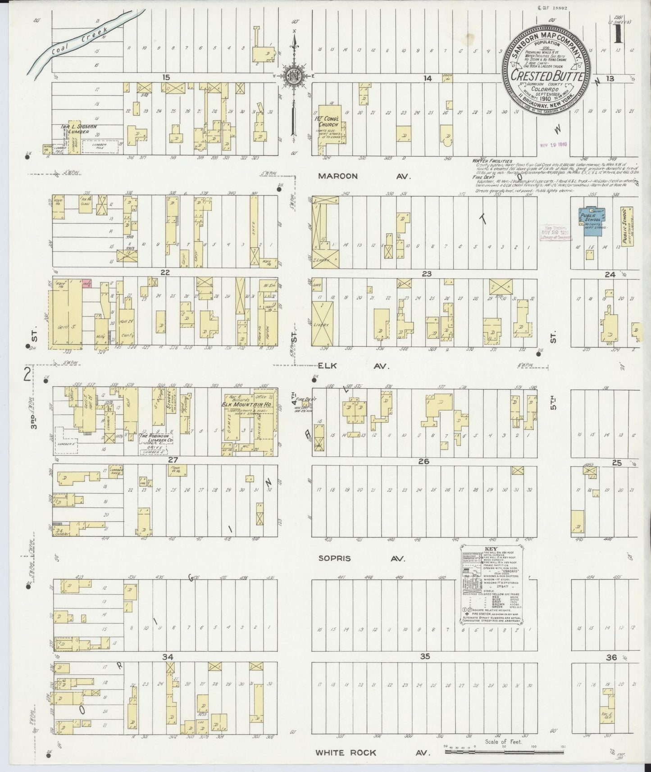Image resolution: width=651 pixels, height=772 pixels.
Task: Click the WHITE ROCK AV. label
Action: point(372,753)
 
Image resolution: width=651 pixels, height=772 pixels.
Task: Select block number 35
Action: point(425,657)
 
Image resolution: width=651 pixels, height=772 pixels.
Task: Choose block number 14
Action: point(427,78)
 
